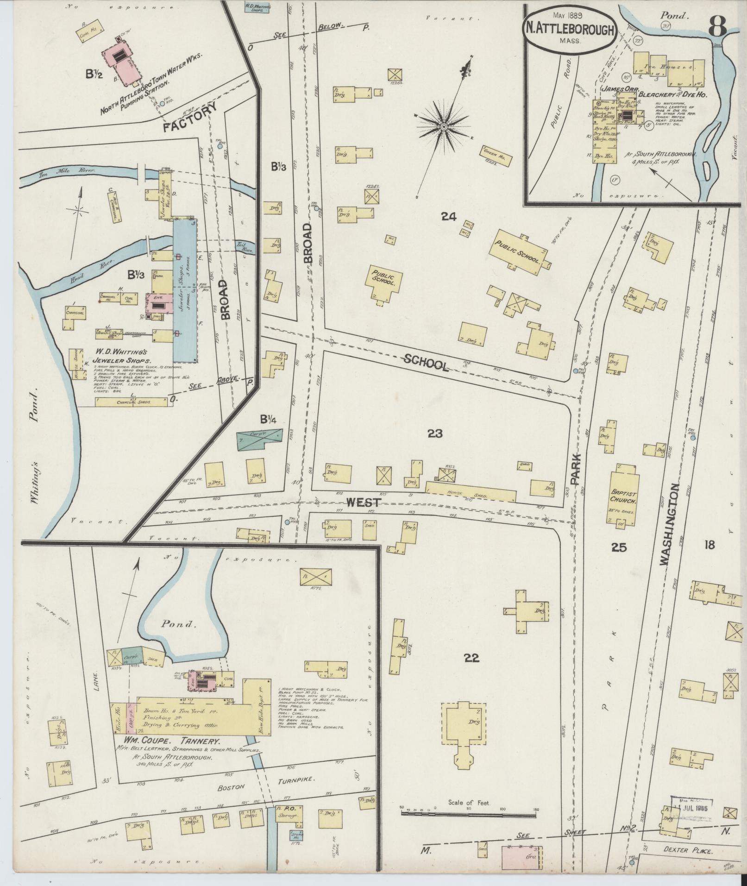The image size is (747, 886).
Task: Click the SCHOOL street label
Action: point(426,362)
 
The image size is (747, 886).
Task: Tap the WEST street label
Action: point(364,503)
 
